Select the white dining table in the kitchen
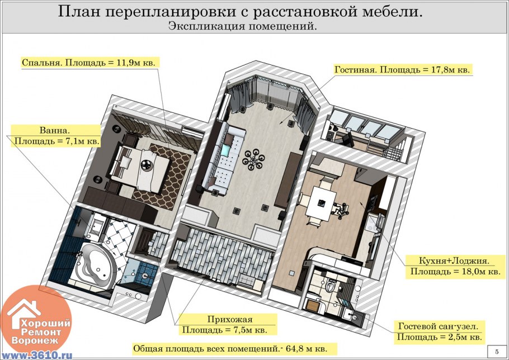322,202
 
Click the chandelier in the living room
253,159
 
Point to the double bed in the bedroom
140,167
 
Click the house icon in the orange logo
25,313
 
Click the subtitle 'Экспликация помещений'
242,26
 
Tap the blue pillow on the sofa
225,150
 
